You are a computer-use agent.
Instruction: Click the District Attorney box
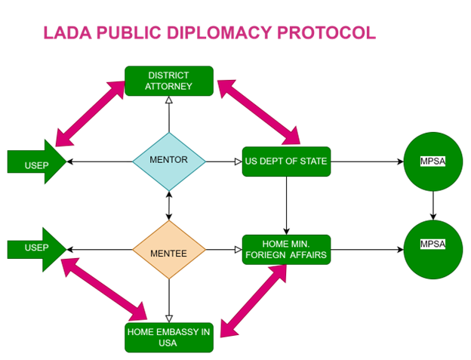click(169, 81)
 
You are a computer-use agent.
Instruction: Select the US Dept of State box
click(286, 162)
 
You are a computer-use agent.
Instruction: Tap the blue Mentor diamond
click(169, 160)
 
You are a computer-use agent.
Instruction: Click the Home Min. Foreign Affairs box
click(286, 249)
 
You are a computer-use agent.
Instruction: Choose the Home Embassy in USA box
click(169, 337)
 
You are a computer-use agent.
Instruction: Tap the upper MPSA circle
click(433, 161)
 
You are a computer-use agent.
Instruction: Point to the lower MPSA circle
click(433, 248)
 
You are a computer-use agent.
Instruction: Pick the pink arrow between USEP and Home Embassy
click(104, 288)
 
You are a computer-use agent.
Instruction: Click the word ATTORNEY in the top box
click(169, 87)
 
